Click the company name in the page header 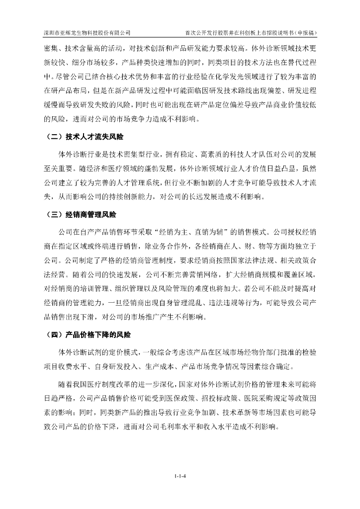[x=87, y=33]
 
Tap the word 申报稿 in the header [x=304, y=33]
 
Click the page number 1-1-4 [x=180, y=477]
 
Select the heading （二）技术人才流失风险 [x=84, y=136]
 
